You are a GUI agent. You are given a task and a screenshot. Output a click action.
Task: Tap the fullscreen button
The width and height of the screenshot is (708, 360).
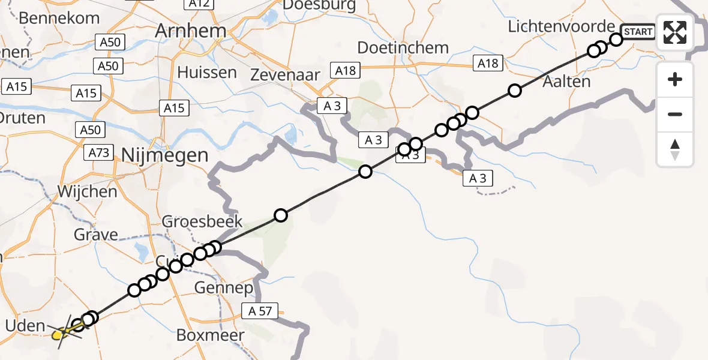click(x=675, y=32)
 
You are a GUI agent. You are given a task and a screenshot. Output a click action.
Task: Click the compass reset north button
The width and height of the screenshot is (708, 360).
click(x=675, y=149)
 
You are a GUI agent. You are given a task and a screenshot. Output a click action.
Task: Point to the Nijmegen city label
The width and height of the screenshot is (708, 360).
click(x=164, y=155)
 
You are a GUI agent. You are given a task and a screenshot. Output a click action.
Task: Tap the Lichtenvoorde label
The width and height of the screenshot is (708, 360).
click(x=562, y=26)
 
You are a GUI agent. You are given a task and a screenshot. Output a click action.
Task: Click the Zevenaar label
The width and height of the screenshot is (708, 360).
click(x=285, y=74)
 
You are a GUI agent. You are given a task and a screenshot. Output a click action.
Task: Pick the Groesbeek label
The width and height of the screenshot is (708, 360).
click(x=203, y=221)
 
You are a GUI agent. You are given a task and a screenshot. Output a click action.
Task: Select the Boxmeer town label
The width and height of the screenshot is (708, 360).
click(x=210, y=335)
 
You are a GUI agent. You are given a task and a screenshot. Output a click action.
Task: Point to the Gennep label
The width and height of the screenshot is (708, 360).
click(x=223, y=289)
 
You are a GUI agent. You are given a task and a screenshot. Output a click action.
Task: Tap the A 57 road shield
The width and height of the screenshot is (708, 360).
click(x=260, y=311)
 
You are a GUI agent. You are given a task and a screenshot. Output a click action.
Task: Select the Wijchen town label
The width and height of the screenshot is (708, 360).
click(x=87, y=192)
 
